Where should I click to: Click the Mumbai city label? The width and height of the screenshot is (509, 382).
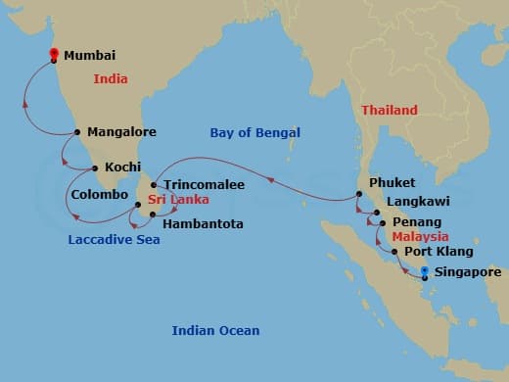coord(89,57)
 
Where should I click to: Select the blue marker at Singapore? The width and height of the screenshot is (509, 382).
coord(425,271)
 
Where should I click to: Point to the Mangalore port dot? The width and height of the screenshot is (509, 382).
coord(76,131)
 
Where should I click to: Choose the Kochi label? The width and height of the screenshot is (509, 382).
coord(122,167)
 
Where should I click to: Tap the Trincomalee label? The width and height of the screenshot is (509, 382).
coord(204,183)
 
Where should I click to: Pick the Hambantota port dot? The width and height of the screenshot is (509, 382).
coord(153,214)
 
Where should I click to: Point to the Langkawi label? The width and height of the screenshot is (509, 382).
coord(418,203)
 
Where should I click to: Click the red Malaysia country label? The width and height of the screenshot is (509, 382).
coord(420,237)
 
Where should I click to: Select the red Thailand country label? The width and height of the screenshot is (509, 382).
coord(389,111)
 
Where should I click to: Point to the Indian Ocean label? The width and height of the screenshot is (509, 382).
coord(215,330)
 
